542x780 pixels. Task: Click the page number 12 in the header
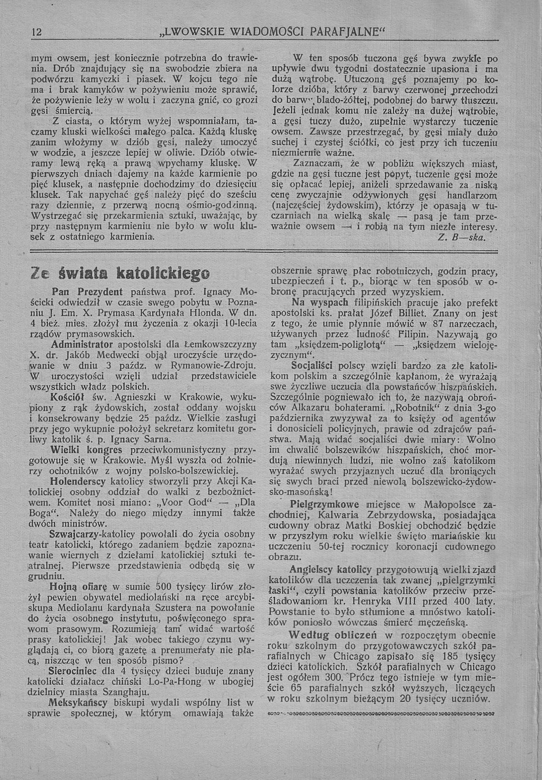(x=36, y=32)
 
